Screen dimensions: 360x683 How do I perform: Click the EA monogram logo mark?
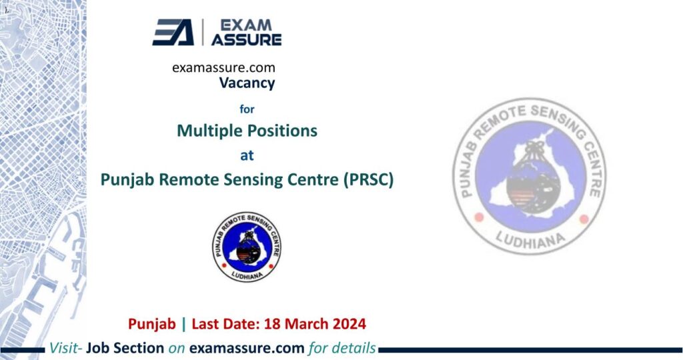[173, 32]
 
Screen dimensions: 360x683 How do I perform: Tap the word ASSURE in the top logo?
[246, 39]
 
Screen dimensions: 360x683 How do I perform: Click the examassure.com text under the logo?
[223, 67]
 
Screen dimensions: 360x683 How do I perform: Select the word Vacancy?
[247, 83]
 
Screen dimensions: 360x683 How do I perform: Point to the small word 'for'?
[247, 108]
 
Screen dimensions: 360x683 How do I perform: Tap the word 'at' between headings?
[247, 155]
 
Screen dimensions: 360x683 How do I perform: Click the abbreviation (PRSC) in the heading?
[367, 179]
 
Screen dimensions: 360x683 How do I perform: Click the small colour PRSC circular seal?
[247, 246]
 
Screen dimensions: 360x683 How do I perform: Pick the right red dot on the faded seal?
[584, 219]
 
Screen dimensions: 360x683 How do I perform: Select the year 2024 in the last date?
[348, 325]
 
